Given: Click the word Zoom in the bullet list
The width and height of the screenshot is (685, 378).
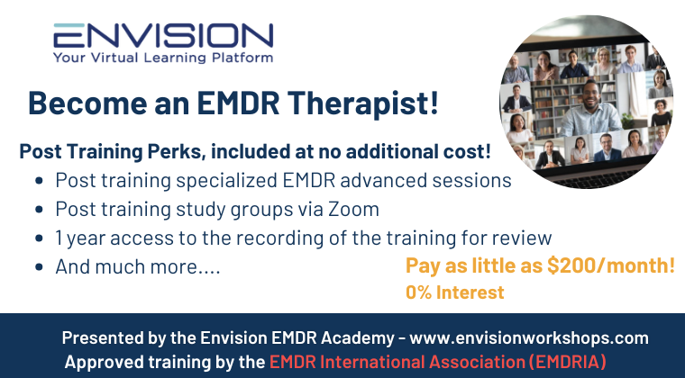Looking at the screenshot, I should pyautogui.click(x=353, y=210).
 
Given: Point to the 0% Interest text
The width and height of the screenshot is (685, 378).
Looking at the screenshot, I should pyautogui.click(x=454, y=292).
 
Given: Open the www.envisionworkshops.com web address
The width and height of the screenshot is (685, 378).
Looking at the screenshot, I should pyautogui.click(x=529, y=337).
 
